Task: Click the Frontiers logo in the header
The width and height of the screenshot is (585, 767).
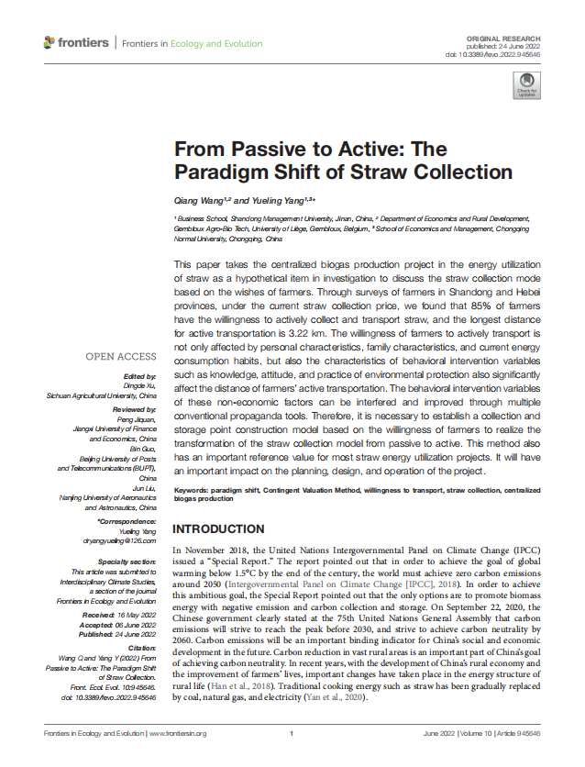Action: pyautogui.click(x=76, y=43)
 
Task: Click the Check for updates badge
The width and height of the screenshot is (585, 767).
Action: pyautogui.click(x=526, y=85)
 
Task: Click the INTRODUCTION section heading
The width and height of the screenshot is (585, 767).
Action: pyautogui.click(x=218, y=529)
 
